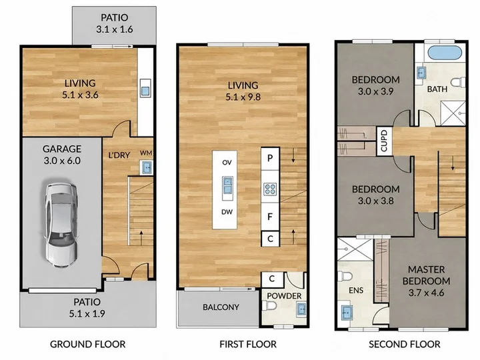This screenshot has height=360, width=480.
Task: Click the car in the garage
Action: tap(60, 225)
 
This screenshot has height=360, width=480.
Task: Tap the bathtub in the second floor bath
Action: tap(445, 53)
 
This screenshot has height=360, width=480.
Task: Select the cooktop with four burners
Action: tap(270, 189)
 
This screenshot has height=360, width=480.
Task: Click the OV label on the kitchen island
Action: tap(227, 162)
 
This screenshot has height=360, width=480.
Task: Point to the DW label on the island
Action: tap(227, 212)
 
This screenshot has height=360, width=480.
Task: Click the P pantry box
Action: tap(270, 159)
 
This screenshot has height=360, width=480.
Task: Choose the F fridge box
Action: tap(270, 217)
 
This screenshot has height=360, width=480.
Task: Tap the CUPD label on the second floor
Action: tap(384, 141)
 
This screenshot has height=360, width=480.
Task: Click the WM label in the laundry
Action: tap(146, 153)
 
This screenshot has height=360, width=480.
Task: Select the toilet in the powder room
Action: tap(270, 305)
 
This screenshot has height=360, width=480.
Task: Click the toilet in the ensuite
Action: tap(345, 276)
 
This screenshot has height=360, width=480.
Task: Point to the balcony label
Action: tap(221, 307)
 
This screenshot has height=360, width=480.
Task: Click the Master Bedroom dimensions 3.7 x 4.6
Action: tap(426, 293)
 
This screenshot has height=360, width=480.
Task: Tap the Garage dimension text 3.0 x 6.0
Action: tap(62, 161)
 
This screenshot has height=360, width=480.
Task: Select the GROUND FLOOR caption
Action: tap(87, 344)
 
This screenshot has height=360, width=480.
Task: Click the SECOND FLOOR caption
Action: tap(405, 344)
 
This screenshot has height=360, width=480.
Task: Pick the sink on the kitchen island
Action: tap(227, 186)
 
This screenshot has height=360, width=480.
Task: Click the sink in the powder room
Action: tap(301, 310)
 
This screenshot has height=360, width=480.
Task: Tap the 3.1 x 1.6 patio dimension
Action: tap(115, 29)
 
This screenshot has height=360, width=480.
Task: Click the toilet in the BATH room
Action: tap(458, 83)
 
